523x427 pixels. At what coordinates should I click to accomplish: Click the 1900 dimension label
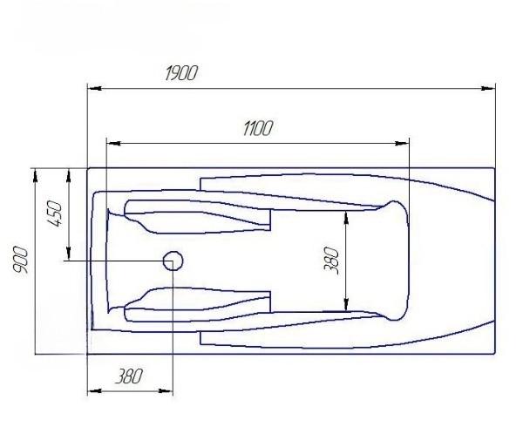pyautogui.click(x=181, y=73)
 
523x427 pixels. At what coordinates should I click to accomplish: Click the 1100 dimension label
pyautogui.click(x=258, y=128)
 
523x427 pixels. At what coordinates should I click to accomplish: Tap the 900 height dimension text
pyautogui.click(x=20, y=260)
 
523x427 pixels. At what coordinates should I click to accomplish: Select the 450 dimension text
pyautogui.click(x=54, y=213)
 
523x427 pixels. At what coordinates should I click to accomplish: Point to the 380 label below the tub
pyautogui.click(x=128, y=376)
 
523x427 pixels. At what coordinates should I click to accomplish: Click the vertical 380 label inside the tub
pyautogui.click(x=331, y=261)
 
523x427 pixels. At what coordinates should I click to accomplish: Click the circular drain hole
pyautogui.click(x=173, y=261)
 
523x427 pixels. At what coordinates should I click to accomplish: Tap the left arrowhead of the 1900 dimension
pyautogui.click(x=95, y=88)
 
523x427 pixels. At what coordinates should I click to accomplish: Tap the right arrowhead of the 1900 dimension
pyautogui.click(x=488, y=88)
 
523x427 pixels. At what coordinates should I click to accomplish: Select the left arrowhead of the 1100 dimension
pyautogui.click(x=113, y=143)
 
